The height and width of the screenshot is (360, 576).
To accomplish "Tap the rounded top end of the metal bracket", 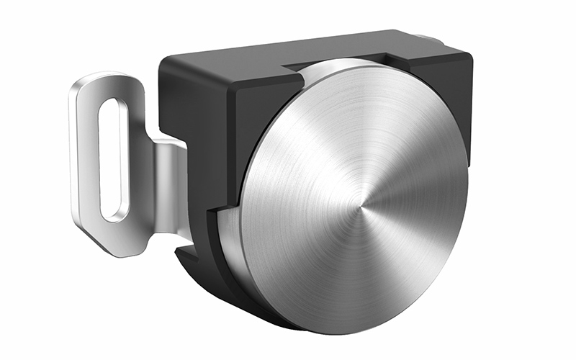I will (x=101, y=81).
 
